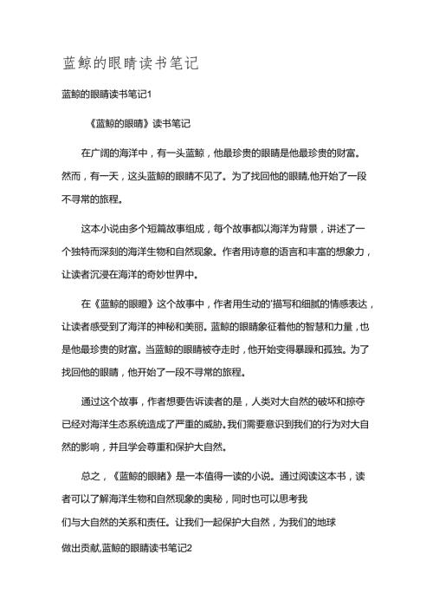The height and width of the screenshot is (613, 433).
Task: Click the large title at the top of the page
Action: click(x=132, y=63)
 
